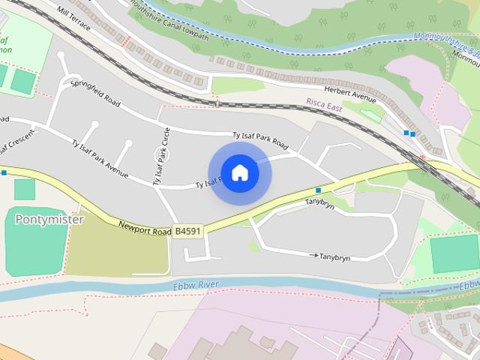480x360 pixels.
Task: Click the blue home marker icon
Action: pyautogui.click(x=239, y=172)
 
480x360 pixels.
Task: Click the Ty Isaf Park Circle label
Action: pyautogui.click(x=161, y=156)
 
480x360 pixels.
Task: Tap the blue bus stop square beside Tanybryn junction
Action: pyautogui.click(x=318, y=190)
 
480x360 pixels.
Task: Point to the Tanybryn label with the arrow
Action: pyautogui.click(x=334, y=256)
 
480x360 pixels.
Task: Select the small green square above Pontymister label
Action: pyautogui.click(x=24, y=190)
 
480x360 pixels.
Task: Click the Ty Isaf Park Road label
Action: pyautogui.click(x=260, y=139)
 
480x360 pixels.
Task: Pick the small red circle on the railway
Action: pyautogui.click(x=422, y=157)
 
